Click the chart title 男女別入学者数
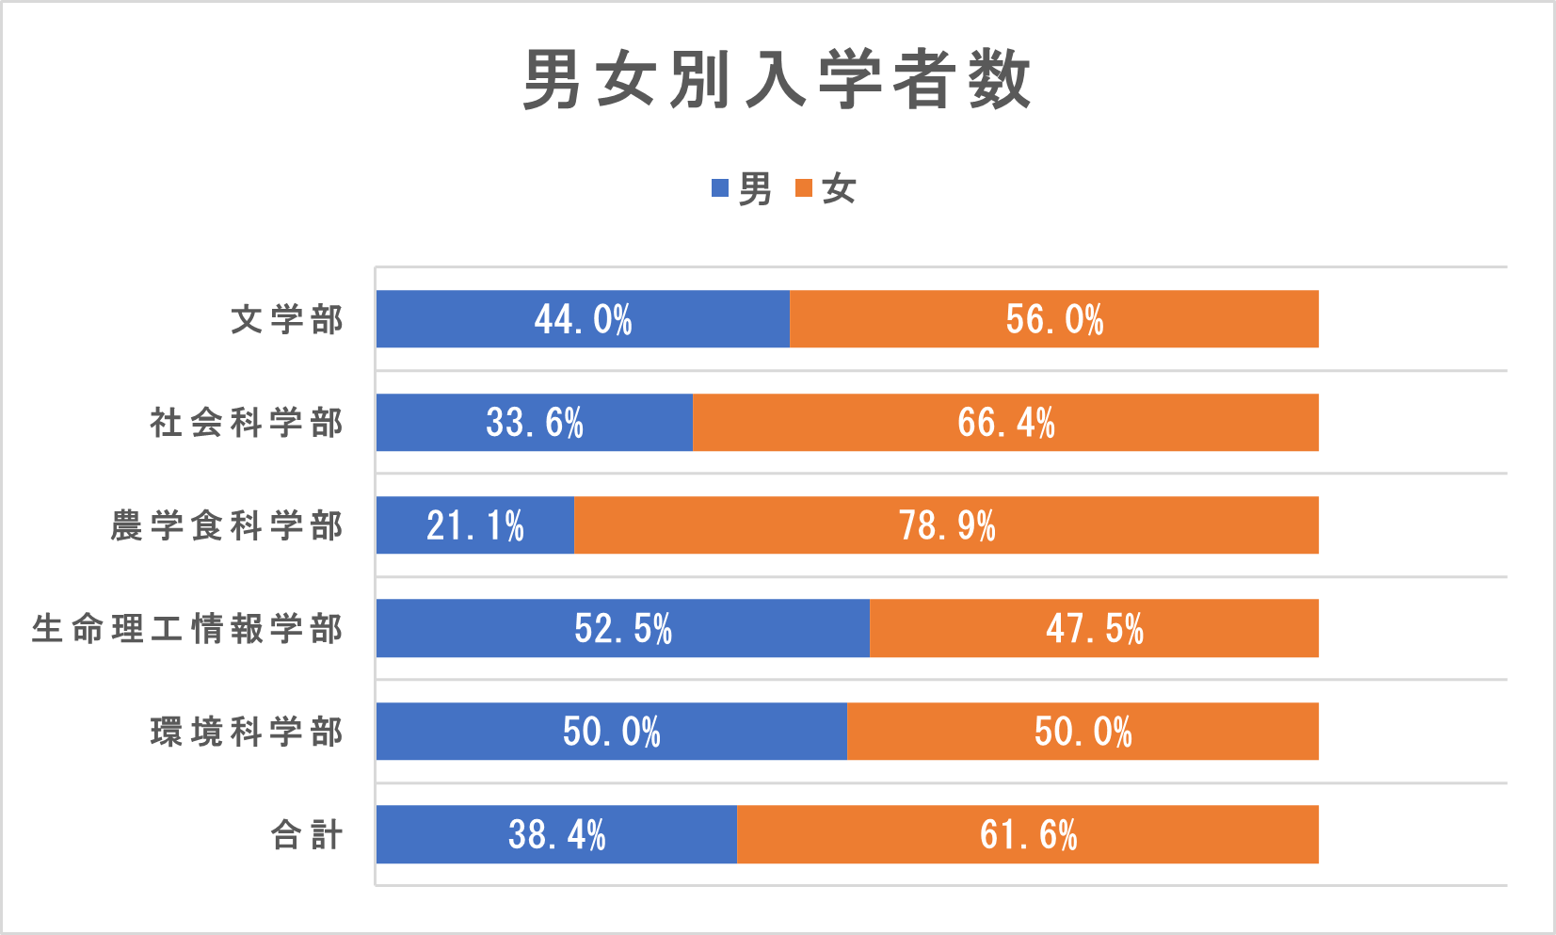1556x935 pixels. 777,80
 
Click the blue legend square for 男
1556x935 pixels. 720,188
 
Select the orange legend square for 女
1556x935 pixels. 804,188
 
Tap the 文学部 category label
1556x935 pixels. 287,319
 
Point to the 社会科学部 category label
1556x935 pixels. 247,423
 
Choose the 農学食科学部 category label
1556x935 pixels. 227,525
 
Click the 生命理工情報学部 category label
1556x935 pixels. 187,628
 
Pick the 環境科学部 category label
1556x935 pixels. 247,732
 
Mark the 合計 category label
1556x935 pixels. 307,834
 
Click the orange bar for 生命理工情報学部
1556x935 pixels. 1224,628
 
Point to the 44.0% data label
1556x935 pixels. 583,319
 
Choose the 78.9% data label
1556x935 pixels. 947,525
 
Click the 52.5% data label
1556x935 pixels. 623,628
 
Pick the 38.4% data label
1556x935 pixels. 556,834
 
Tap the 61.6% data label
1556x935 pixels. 1028,834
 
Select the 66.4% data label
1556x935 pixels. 1006,423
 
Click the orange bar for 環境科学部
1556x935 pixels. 1224,732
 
